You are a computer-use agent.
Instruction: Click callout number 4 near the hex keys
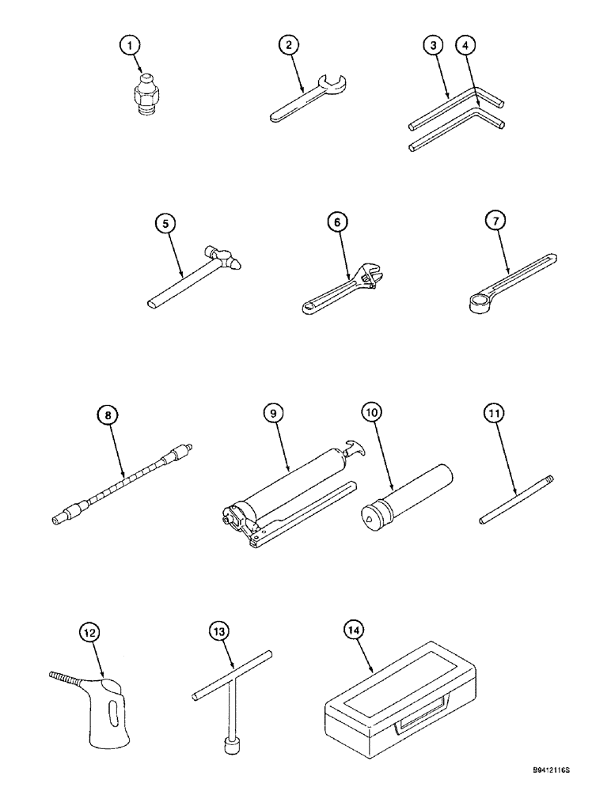tap(467, 47)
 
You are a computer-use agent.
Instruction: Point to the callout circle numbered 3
tap(431, 47)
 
